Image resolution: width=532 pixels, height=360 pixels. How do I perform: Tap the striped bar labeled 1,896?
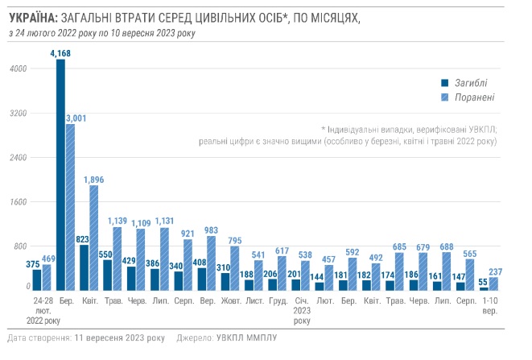[94, 238]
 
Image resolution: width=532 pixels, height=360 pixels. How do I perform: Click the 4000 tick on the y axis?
[19, 69]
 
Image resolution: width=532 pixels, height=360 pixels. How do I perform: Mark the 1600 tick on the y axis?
[19, 201]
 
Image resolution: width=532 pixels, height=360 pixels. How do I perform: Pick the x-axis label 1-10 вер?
[489, 304]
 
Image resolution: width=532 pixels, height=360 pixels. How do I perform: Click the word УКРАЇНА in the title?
[31, 17]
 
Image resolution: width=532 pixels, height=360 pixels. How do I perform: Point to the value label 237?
[495, 271]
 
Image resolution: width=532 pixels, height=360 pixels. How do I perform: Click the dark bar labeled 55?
[484, 288]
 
